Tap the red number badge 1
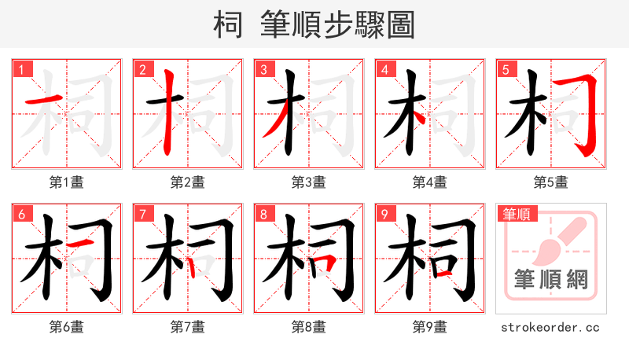click(x=21, y=69)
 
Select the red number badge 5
click(x=506, y=69)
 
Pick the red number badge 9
click(x=384, y=214)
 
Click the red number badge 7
click(x=142, y=214)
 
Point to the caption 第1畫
click(x=67, y=182)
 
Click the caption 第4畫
click(x=430, y=182)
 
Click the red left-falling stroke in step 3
click(x=275, y=122)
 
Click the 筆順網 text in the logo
click(x=551, y=279)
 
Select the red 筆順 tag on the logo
click(x=517, y=214)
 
